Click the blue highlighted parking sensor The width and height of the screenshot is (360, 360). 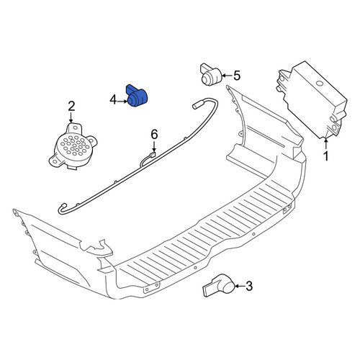tap(137, 96)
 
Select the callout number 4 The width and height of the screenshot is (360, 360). tap(113, 100)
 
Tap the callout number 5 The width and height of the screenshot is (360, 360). tap(237, 76)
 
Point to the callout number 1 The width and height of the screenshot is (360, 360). tap(326, 156)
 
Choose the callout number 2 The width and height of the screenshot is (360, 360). tap(71, 107)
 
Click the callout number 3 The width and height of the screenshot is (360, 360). tap(249, 286)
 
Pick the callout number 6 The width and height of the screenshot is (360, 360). tap(154, 134)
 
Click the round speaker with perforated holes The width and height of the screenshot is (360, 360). tap(73, 145)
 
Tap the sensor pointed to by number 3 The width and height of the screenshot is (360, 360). tap(220, 286)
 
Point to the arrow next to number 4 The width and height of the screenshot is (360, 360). tap(122, 102)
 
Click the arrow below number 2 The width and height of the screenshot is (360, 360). tap(71, 118)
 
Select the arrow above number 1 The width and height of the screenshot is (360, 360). tap(326, 144)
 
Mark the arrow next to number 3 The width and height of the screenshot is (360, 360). tap(239, 286)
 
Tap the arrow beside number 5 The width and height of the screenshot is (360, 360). tap(228, 76)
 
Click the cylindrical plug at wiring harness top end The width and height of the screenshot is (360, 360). tap(197, 105)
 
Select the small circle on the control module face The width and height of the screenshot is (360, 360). tap(319, 84)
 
